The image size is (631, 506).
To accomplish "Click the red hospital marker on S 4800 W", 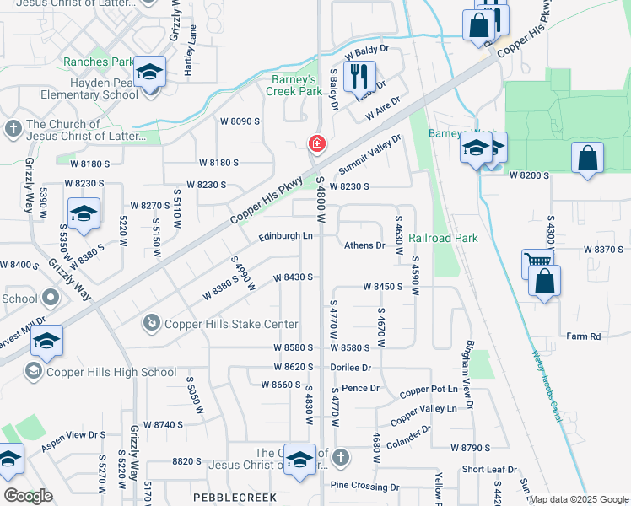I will point(316,144).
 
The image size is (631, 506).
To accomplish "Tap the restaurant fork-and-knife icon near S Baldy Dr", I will point(360,76).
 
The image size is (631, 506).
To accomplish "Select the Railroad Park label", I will point(444,239).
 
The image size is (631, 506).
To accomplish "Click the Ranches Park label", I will point(98,62).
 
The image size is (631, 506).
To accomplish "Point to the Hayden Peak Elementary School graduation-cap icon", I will point(150,73).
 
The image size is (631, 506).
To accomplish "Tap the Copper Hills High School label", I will point(111,372).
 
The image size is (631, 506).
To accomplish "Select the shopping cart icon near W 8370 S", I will point(537,263).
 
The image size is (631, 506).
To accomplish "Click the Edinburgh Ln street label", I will point(285,236).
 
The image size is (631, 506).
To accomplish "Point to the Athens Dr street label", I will point(364,246).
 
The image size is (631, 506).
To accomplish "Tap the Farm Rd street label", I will point(583,336).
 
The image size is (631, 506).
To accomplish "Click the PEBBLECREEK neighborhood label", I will point(230,498).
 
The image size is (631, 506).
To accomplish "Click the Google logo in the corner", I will point(28,496).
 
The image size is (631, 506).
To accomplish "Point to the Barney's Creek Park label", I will point(292,85).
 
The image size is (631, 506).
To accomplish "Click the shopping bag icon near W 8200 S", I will point(587,158).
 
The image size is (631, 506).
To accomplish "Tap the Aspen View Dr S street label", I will point(73,435).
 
